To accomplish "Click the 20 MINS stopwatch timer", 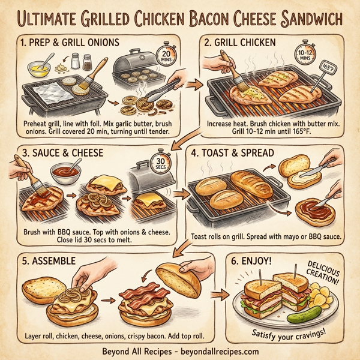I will pyautogui.click(x=166, y=57).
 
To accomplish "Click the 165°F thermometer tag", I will pyautogui.click(x=329, y=66).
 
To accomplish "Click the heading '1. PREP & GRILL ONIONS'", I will pyautogui.click(x=69, y=43).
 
